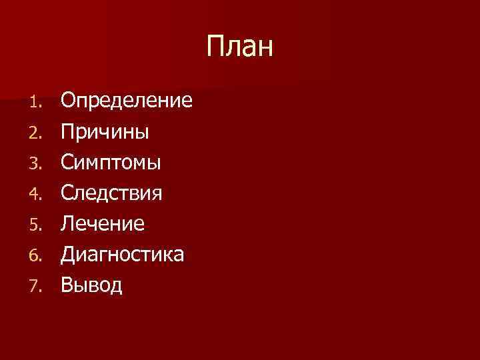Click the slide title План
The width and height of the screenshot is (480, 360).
239,47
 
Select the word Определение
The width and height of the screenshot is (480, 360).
127,101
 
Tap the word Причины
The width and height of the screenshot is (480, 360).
105,132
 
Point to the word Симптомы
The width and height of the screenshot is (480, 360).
111,163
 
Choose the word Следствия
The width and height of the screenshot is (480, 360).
111,193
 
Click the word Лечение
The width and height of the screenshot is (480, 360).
103,224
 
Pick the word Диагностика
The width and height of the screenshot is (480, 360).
123,255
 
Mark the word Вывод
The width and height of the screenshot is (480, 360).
92,285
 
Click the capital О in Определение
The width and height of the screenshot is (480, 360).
69,101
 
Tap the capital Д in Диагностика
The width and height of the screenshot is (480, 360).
69,255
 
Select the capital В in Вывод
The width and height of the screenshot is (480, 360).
67,285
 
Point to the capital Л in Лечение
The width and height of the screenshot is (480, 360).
68,224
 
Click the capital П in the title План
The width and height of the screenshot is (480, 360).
215,47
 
